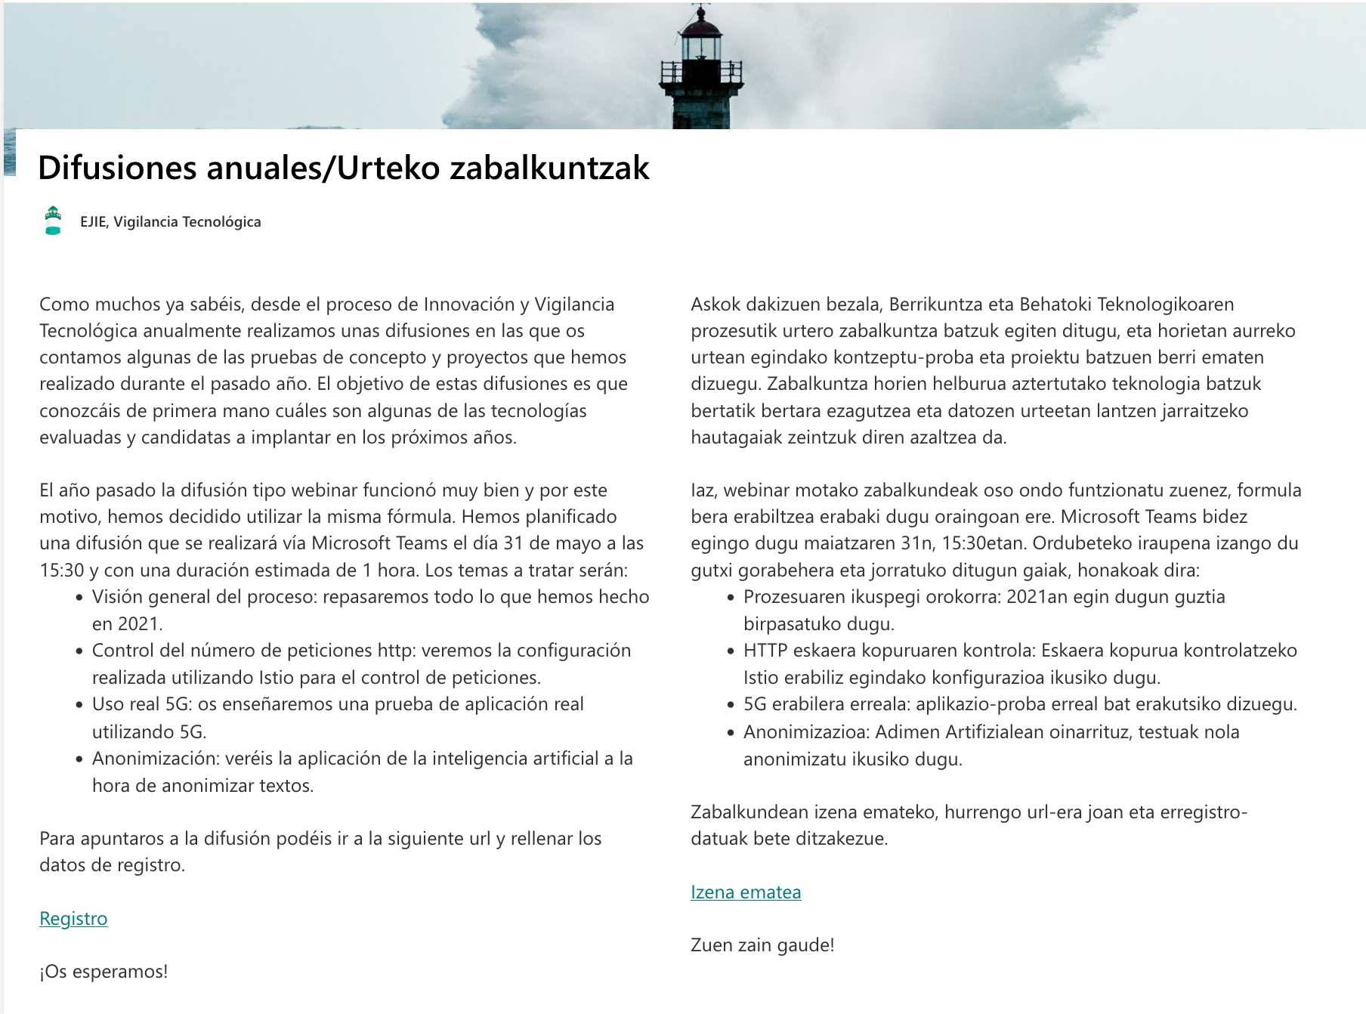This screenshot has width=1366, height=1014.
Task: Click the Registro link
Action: (x=73, y=919)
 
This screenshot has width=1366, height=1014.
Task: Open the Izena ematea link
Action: (x=746, y=892)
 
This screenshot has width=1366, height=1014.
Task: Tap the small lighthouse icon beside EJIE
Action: (x=53, y=221)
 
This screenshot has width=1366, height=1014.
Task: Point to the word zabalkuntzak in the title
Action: (x=549, y=168)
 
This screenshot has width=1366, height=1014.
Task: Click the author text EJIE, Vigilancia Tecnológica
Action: (x=171, y=221)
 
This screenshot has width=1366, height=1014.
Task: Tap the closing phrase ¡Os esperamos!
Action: (x=104, y=972)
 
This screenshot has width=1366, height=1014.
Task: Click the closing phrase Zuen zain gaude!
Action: (x=762, y=945)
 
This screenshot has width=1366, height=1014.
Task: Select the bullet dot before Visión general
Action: (x=79, y=598)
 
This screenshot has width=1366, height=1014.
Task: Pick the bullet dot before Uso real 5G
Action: (x=79, y=705)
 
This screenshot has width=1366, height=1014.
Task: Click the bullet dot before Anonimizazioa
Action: (x=731, y=733)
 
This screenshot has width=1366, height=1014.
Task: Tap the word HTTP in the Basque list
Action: (x=765, y=651)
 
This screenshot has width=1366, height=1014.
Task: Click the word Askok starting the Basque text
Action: (x=715, y=305)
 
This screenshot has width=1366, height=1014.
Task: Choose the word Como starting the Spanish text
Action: (x=62, y=305)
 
